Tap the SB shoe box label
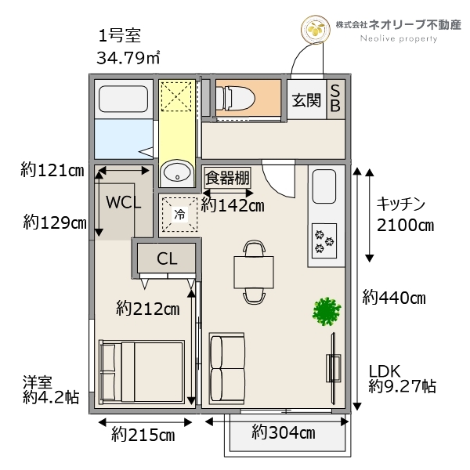point(334,99)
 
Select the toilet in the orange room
point(236,98)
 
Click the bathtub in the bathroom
point(124,99)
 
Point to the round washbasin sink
point(176,173)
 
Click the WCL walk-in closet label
point(125,201)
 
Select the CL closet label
point(166,258)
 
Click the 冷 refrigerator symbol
point(180,212)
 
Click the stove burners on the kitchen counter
point(323,241)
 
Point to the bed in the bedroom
point(142,372)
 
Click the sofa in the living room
point(228,368)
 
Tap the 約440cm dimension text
point(393,298)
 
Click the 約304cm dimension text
point(283,432)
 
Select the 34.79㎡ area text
point(128,57)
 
